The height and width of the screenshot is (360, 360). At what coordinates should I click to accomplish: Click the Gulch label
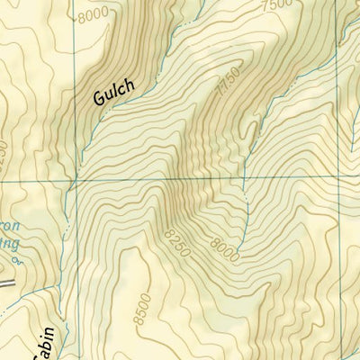[113, 93]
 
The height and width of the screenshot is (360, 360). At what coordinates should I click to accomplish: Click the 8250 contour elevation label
[178, 242]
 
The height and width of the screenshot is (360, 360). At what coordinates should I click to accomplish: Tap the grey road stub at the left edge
[7, 284]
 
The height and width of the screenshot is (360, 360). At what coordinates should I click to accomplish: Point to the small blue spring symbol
[16, 262]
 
